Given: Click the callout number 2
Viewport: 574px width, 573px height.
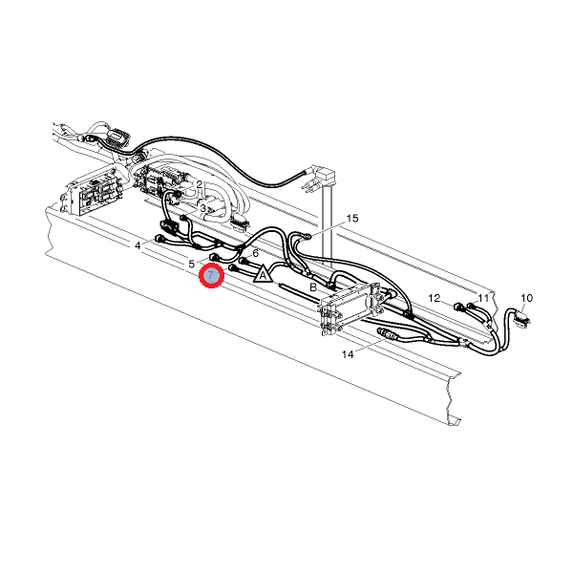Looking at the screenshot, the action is click(x=200, y=183).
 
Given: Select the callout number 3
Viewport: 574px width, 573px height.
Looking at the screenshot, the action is click(x=203, y=208).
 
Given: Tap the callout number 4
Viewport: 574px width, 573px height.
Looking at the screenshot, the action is click(x=138, y=245).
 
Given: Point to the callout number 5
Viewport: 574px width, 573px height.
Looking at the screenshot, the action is click(x=191, y=264).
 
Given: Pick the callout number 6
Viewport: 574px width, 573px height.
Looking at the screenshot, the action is click(x=255, y=253).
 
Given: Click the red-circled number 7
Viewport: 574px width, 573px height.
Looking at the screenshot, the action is click(x=211, y=275).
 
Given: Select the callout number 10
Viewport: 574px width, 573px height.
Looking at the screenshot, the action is click(x=526, y=298).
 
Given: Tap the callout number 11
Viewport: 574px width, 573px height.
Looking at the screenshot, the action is click(x=483, y=298).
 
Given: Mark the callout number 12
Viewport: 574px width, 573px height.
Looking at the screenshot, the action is click(x=434, y=298).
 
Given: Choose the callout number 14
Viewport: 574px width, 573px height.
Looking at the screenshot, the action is click(x=348, y=354).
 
